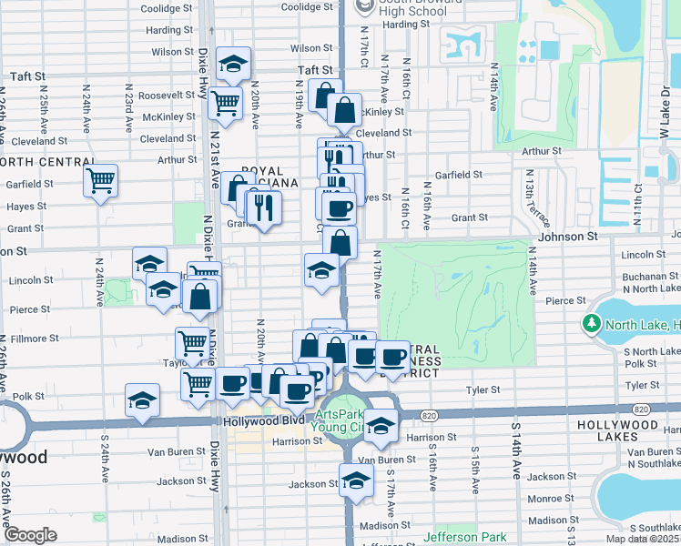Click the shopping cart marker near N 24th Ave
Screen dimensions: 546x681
100,179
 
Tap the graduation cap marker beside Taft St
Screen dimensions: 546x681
235,64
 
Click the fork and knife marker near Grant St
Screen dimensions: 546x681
265,207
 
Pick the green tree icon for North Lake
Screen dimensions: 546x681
592,323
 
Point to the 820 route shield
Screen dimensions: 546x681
429,415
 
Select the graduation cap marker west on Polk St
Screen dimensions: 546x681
143,399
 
